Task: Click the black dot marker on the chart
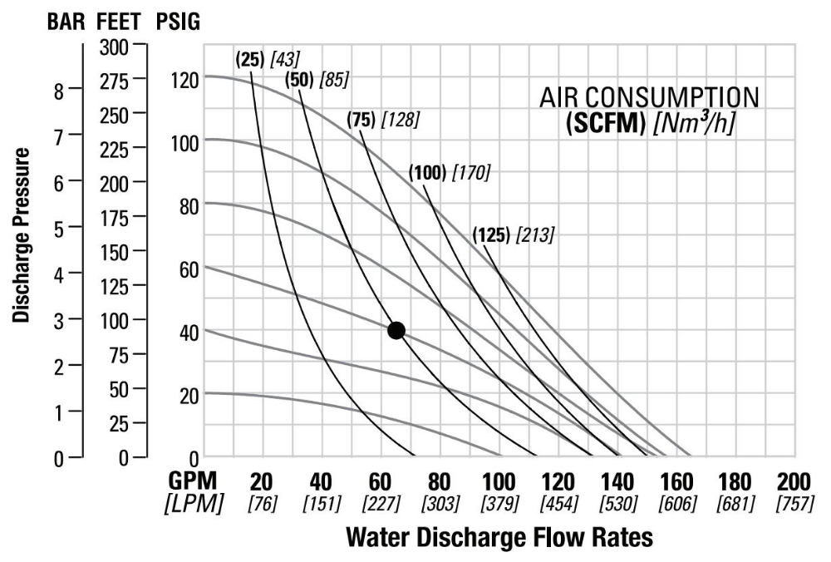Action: point(396,330)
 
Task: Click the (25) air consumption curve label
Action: point(248,58)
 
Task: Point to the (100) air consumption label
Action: point(427,173)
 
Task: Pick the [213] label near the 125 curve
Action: point(534,234)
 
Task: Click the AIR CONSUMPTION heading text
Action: point(649,97)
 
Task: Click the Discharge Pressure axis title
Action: point(22,235)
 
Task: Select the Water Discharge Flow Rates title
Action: point(499,538)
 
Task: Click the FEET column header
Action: point(121,22)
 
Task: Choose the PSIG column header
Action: point(177,22)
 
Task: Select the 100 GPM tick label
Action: point(499,482)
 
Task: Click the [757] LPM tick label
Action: point(794,504)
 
